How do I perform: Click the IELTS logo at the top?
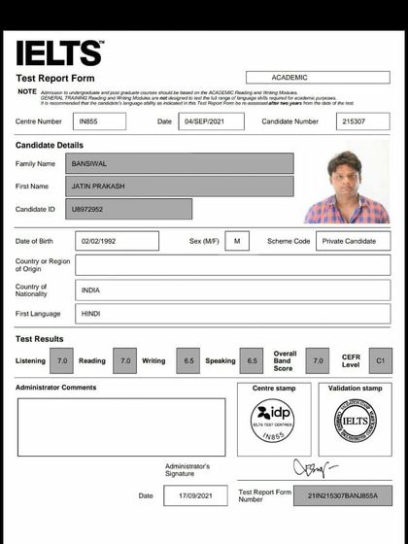click(x=58, y=52)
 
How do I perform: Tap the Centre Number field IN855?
click(x=98, y=122)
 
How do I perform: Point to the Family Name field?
click(x=179, y=163)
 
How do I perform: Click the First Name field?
click(x=179, y=186)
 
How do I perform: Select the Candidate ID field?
click(x=128, y=209)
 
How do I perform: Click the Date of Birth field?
click(x=116, y=241)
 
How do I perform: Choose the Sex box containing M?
click(x=237, y=241)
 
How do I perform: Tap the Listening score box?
click(x=62, y=360)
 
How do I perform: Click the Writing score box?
click(x=187, y=360)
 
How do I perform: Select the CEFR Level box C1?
click(x=381, y=360)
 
